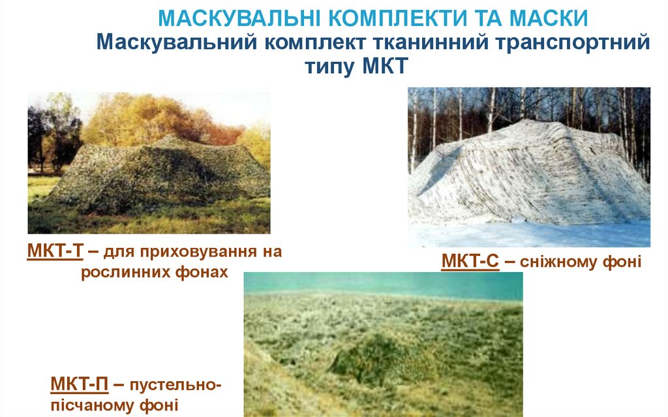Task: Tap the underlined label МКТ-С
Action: pos(470,262)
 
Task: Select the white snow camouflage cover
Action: pos(528,176)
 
